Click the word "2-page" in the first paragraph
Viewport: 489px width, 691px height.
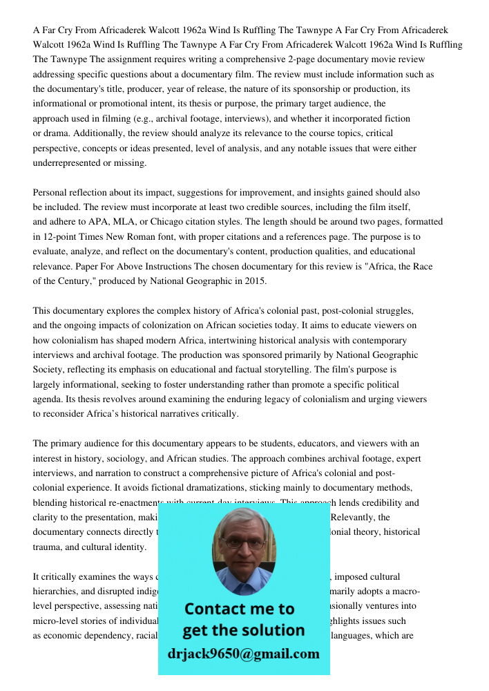tap(281, 60)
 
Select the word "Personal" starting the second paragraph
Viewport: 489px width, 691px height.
tap(51, 192)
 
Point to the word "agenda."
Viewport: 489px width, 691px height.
tap(48, 399)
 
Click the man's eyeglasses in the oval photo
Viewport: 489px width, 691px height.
tap(244, 543)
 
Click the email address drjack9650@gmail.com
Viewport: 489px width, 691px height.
tap(243, 653)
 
